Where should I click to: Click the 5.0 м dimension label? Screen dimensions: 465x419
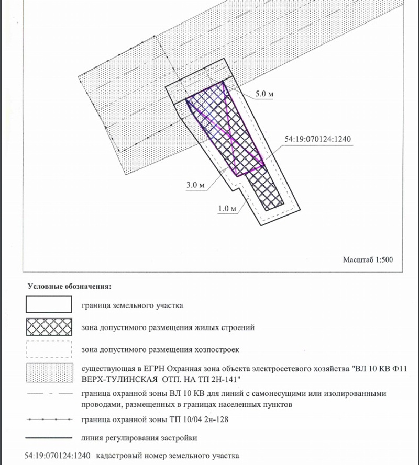click(x=264, y=94)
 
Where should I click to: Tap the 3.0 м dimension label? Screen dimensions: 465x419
click(x=195, y=185)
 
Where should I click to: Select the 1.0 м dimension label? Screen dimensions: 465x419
click(x=227, y=208)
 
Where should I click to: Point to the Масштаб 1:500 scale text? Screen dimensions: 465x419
click(x=368, y=259)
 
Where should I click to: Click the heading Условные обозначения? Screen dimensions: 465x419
click(x=69, y=287)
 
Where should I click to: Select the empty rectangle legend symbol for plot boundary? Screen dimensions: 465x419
click(x=49, y=304)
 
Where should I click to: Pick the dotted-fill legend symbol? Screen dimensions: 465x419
click(x=49, y=373)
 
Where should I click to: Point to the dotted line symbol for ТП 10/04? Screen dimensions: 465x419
click(x=49, y=419)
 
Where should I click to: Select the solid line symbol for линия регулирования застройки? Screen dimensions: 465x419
click(x=49, y=437)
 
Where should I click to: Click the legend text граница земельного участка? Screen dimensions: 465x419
click(x=133, y=304)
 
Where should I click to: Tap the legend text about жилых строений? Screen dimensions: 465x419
click(x=168, y=328)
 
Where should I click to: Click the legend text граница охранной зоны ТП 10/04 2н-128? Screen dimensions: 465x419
click(x=155, y=419)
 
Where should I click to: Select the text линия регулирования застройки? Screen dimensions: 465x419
click(x=139, y=437)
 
